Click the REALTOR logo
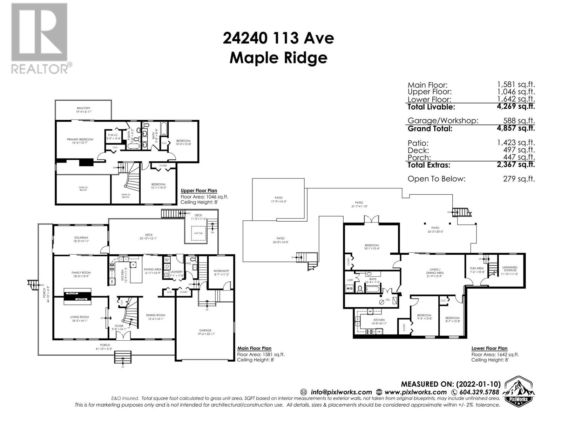(39, 39)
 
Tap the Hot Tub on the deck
(198, 233)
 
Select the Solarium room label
(81, 238)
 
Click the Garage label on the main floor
(205, 330)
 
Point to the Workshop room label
(221, 271)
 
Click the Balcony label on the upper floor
(83, 108)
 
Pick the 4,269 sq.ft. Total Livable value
(516, 106)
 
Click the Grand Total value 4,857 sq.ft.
(516, 128)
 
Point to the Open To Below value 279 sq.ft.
(519, 179)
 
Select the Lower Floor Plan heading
(489, 348)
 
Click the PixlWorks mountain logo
(519, 391)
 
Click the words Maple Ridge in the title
(278, 58)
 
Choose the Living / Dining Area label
(435, 271)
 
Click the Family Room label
(81, 273)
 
